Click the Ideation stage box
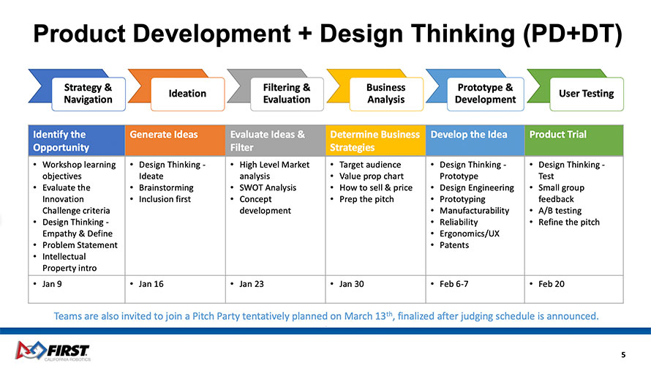tap(188, 94)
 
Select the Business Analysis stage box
tap(386, 94)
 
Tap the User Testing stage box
tap(586, 94)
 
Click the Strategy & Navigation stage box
tap(89, 94)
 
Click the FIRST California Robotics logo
tap(53, 351)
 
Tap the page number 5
tap(623, 355)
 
